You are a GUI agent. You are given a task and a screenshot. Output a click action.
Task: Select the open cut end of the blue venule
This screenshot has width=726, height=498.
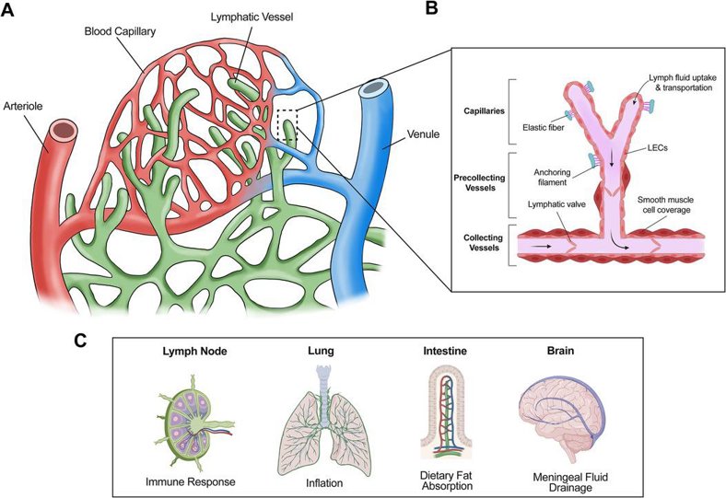(x=374, y=90)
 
